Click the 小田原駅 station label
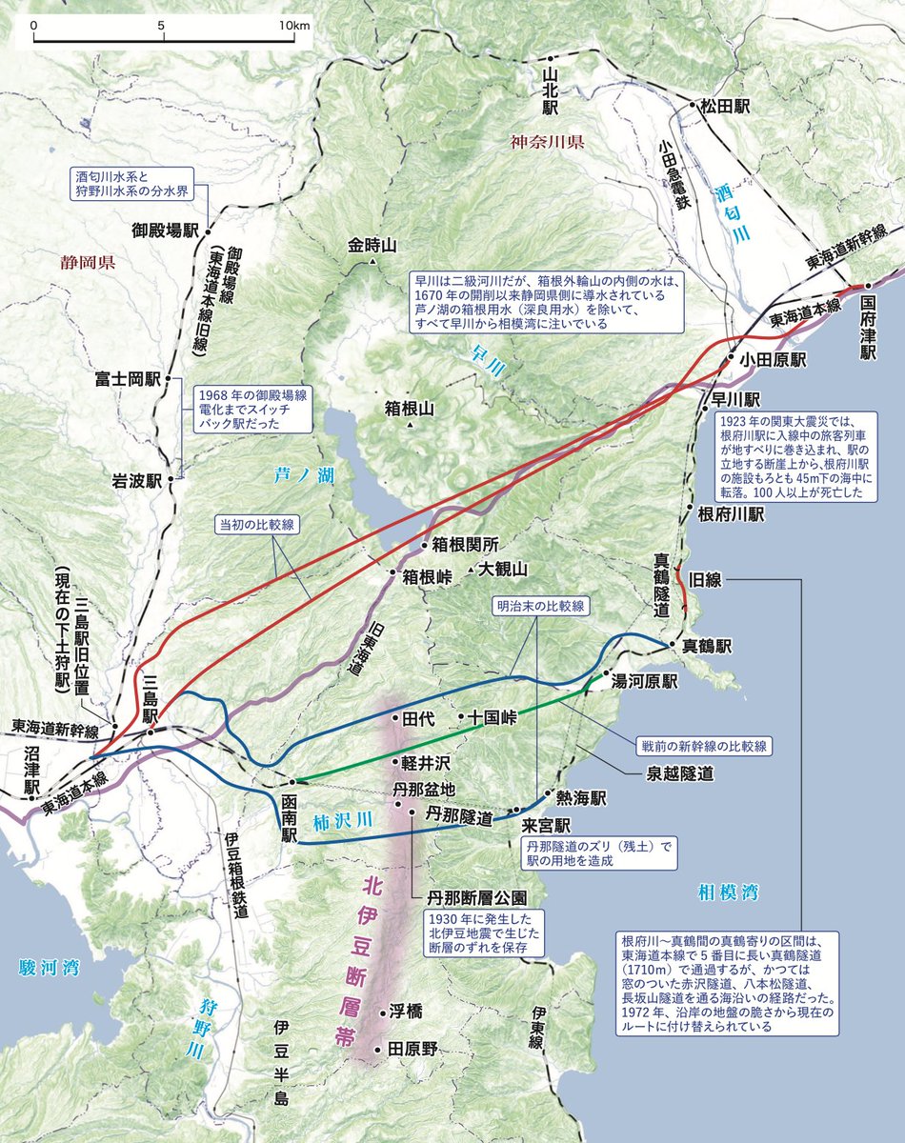[x=771, y=361]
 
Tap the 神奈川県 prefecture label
[x=546, y=143]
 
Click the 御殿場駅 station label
[x=165, y=231]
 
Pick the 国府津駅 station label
[x=869, y=327]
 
